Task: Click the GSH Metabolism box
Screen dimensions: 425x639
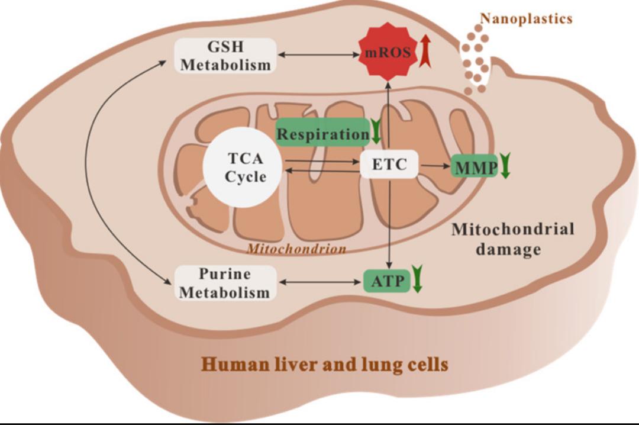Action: point(225,56)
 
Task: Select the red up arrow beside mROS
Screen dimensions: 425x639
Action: point(424,51)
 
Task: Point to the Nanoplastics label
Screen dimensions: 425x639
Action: point(526,19)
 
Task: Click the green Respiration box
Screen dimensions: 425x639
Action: point(323,134)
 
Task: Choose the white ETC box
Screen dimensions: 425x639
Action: point(389,165)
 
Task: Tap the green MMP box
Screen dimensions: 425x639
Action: point(475,168)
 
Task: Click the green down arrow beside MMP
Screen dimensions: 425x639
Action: point(505,166)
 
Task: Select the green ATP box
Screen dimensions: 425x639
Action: point(386,281)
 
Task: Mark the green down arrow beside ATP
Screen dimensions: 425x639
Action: point(417,279)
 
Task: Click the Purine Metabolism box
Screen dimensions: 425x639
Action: point(225,283)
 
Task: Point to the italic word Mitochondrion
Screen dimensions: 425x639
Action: point(296,249)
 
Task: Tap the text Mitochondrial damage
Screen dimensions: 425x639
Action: point(512,239)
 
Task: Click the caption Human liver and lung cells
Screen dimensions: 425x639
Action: point(324,364)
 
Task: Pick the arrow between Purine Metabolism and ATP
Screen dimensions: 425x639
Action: point(319,282)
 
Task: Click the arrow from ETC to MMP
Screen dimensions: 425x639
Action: point(434,166)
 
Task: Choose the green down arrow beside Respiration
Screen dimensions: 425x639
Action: point(376,133)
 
